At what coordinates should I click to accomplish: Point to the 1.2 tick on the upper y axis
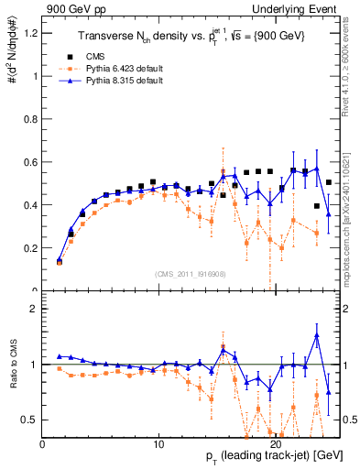30,33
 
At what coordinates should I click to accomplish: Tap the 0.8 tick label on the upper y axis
30,119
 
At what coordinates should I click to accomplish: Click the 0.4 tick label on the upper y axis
30,205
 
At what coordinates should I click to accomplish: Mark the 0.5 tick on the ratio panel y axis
30,420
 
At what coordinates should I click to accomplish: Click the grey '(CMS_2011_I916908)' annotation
191,273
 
